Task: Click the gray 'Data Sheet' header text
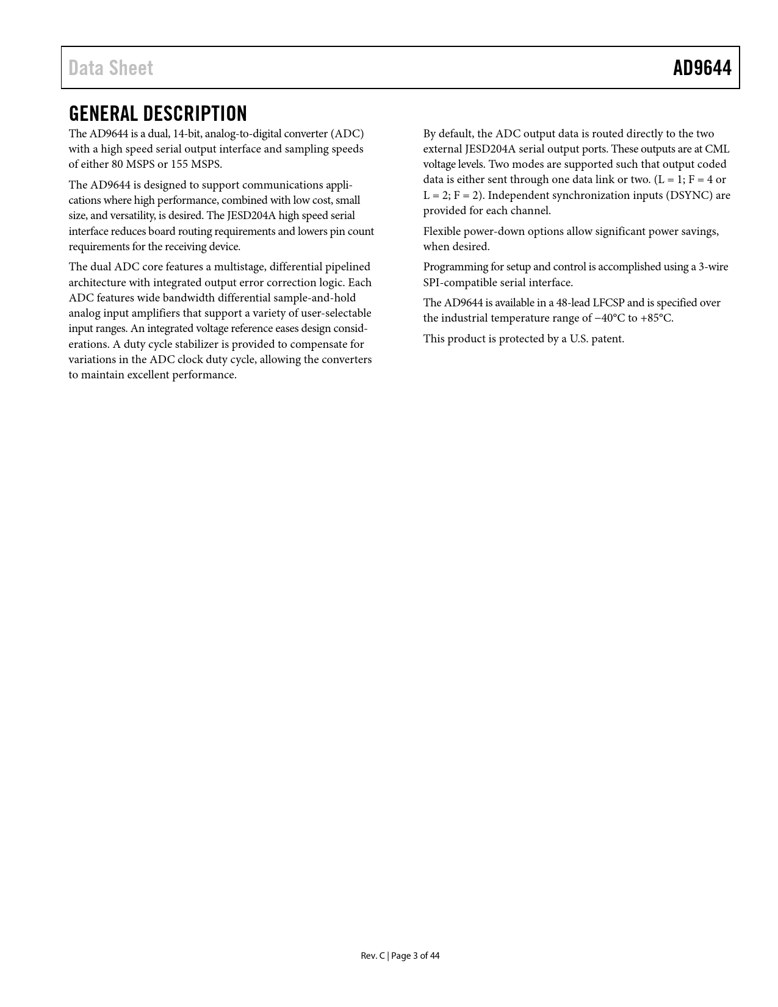pos(110,68)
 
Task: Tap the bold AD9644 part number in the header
pos(702,68)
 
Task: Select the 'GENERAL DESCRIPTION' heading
pos(158,114)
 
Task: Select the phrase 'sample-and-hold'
pos(314,298)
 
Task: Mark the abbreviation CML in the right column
pos(717,149)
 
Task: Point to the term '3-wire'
pos(713,267)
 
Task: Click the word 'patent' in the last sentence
pos(607,339)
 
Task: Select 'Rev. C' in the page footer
pos(372,956)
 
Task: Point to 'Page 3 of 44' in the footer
pos(415,956)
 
